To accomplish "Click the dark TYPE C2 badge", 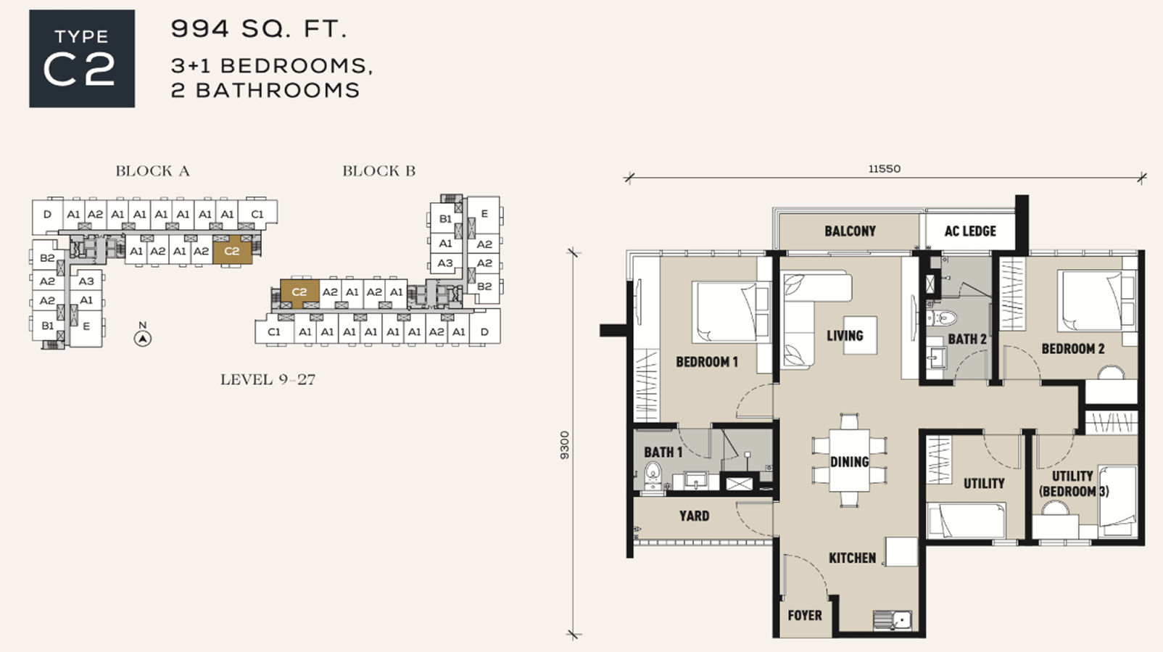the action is (x=82, y=59).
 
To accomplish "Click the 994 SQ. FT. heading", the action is (x=259, y=28).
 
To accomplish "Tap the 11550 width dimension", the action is (x=885, y=169).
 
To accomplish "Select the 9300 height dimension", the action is (x=565, y=445).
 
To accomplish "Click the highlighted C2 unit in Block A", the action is (x=232, y=250).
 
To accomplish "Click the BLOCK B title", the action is (x=379, y=171).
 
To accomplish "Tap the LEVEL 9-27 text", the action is (x=268, y=380).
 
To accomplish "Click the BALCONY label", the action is (x=850, y=231).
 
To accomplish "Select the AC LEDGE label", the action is (x=970, y=231).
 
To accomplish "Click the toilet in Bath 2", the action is (x=941, y=318).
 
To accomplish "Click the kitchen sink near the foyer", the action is (x=893, y=619).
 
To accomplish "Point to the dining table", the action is (x=849, y=461).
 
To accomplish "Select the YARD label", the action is (x=694, y=516).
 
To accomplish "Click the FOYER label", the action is (x=805, y=616).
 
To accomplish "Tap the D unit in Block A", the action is (x=47, y=215).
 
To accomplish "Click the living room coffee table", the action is (x=861, y=335).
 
